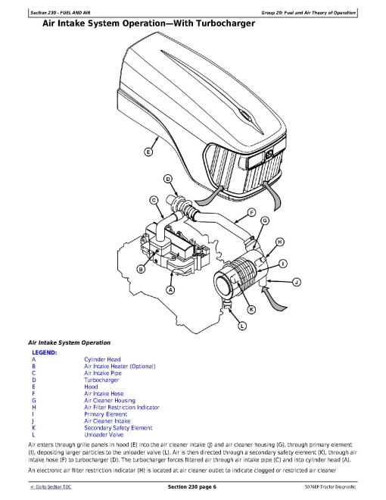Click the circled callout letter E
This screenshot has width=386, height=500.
coord(148,152)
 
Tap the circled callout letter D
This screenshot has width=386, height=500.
coord(168,179)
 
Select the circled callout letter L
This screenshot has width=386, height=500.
coord(242,326)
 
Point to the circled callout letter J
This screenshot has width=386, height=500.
coord(297,283)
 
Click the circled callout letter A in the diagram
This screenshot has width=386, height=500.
coord(171,290)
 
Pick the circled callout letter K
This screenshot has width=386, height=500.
coord(251,309)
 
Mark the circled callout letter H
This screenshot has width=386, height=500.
coord(279,242)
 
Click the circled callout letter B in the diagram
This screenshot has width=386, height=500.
coord(141,270)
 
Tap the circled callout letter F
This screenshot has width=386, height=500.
coord(251,213)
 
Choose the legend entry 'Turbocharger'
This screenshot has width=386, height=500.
coord(101,380)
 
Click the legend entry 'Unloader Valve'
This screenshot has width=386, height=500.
coord(104,435)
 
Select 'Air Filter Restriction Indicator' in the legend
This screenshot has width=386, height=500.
coord(122,408)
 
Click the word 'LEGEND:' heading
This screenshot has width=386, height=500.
coord(44,353)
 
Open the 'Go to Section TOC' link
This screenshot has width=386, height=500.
coord(51,487)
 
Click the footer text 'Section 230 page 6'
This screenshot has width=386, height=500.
coord(192,487)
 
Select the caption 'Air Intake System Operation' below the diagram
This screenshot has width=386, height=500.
coord(69,342)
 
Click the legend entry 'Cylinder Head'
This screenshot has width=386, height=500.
coord(102,359)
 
